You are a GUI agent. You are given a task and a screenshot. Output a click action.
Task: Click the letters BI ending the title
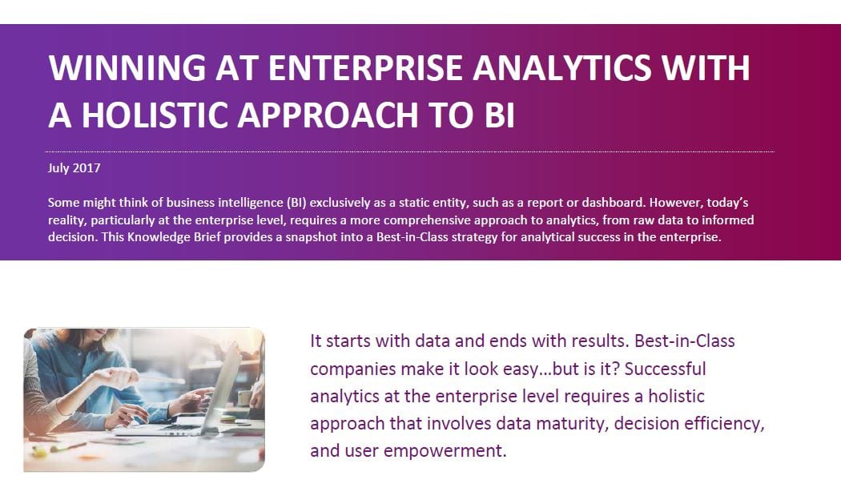[x=499, y=115]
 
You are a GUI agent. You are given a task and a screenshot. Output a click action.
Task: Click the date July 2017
[x=74, y=168]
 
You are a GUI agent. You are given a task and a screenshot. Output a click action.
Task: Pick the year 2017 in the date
[x=87, y=168]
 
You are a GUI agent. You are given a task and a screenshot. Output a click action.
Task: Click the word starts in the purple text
[x=348, y=341]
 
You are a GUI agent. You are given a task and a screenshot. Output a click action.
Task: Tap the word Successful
[x=665, y=369]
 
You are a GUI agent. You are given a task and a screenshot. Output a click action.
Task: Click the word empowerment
[x=445, y=450]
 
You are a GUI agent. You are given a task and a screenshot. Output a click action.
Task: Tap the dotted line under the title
[x=410, y=152]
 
